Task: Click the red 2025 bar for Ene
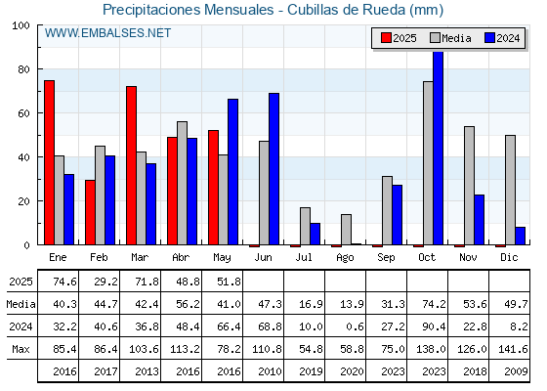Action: tap(49, 162)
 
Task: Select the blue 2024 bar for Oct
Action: tap(439, 148)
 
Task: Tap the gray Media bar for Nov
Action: tap(469, 186)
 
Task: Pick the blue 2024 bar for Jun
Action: tap(273, 168)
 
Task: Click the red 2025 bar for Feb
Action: tap(90, 212)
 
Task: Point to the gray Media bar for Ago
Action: tap(346, 230)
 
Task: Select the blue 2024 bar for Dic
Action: tap(520, 236)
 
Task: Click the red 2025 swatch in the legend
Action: tap(386, 38)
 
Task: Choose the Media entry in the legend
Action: tap(450, 38)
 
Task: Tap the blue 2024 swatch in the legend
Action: tap(489, 38)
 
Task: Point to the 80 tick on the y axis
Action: tap(23, 69)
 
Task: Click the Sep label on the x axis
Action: tap(386, 258)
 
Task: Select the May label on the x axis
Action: tap(222, 258)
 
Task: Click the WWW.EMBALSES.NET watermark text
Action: tap(107, 33)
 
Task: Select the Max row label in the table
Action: tap(21, 349)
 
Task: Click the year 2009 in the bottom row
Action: tap(516, 371)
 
